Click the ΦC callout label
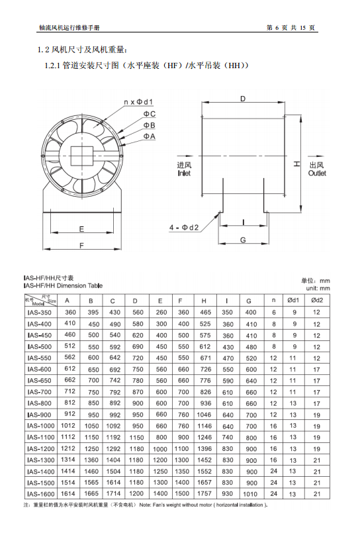[150, 114]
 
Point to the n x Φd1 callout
[138, 102]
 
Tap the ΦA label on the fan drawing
[150, 136]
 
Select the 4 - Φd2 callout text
[184, 227]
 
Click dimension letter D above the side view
[243, 99]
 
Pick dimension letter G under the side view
[243, 240]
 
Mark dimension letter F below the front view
[81, 246]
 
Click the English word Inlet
[184, 173]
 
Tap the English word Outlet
[317, 173]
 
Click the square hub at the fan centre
[82, 156]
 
